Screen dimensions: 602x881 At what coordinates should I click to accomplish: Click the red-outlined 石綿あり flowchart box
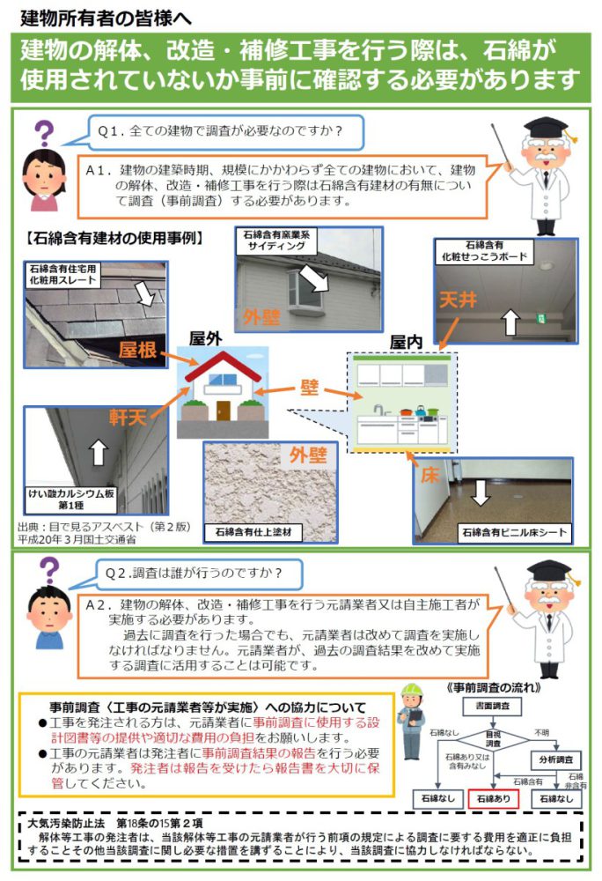tap(493, 798)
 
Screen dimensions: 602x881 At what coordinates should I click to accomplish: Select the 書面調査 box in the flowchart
tap(492, 706)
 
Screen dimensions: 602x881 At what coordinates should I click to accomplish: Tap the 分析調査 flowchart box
tap(555, 759)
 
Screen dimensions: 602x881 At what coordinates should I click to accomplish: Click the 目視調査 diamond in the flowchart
tap(493, 739)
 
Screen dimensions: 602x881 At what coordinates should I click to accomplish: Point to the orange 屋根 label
tap(137, 350)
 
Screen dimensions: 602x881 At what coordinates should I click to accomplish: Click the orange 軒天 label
tap(128, 417)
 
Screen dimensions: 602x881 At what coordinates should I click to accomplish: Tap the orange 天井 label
tap(458, 300)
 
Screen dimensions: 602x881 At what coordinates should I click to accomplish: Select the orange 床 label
tap(429, 476)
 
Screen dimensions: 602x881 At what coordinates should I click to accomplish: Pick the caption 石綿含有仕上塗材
tap(253, 532)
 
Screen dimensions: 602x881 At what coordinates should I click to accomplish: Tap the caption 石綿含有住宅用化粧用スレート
tap(62, 274)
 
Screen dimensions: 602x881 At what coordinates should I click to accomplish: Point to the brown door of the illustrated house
tap(224, 411)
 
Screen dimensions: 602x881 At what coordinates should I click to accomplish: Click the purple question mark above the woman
tap(44, 133)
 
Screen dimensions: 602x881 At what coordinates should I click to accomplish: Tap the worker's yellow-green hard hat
tap(412, 690)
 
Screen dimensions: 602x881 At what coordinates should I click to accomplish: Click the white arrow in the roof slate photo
tap(146, 293)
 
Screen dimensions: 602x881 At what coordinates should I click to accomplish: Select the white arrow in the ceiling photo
tap(510, 322)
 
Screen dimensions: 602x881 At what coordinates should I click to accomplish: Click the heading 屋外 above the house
tap(205, 338)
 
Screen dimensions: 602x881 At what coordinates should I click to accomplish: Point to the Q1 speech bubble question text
tap(220, 131)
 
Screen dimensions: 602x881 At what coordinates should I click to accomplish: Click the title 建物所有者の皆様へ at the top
tap(106, 18)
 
